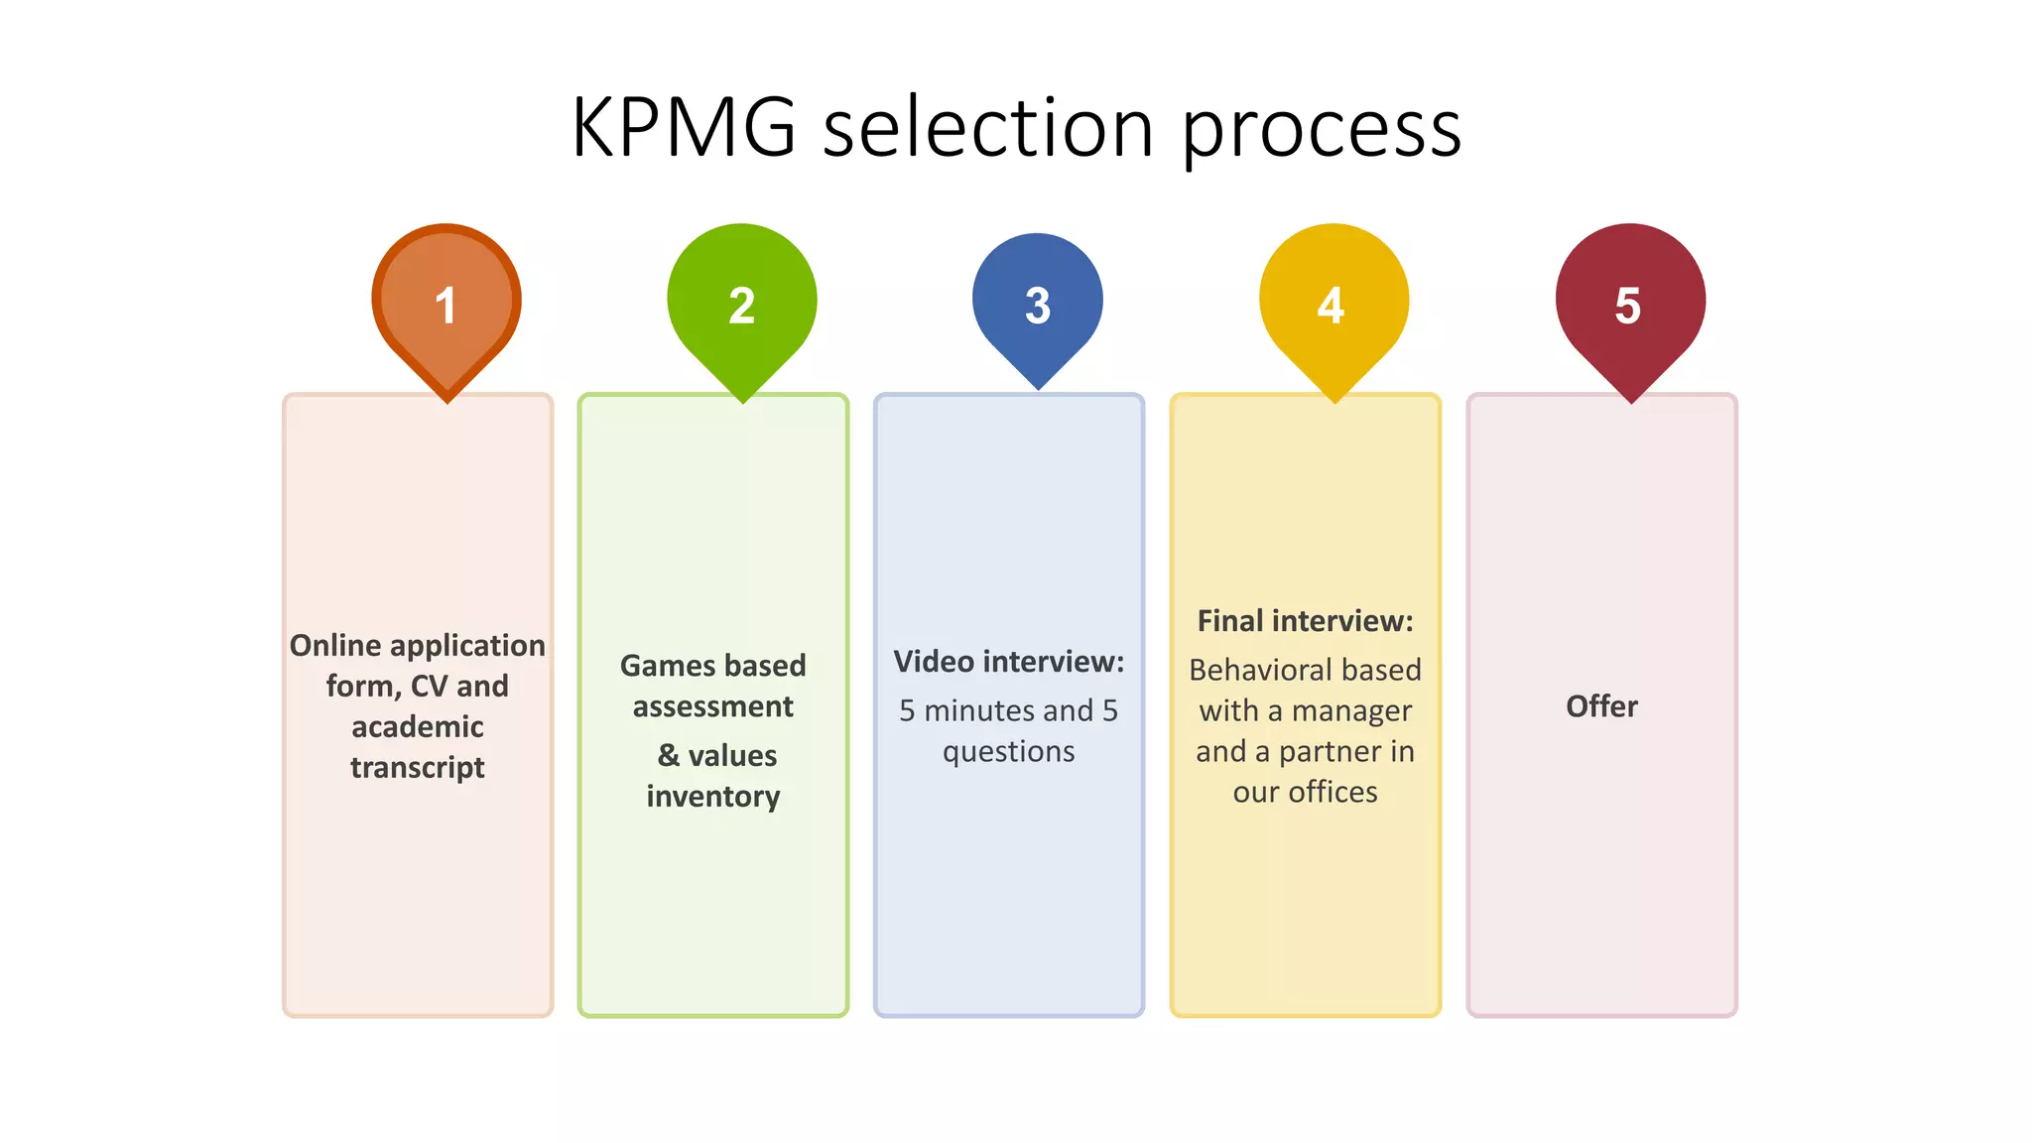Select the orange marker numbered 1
[x=446, y=303]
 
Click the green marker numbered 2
[x=742, y=303]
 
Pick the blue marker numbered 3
[x=1038, y=303]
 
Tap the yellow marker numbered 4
[x=1333, y=303]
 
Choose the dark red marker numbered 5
[x=1629, y=303]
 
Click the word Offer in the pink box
[x=1601, y=706]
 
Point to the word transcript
[x=418, y=768]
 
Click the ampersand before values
[x=669, y=755]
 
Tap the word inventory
[x=713, y=797]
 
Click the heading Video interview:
[x=1008, y=662]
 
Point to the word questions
[x=1008, y=752]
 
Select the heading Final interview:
[x=1305, y=621]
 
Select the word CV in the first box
[x=429, y=687]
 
